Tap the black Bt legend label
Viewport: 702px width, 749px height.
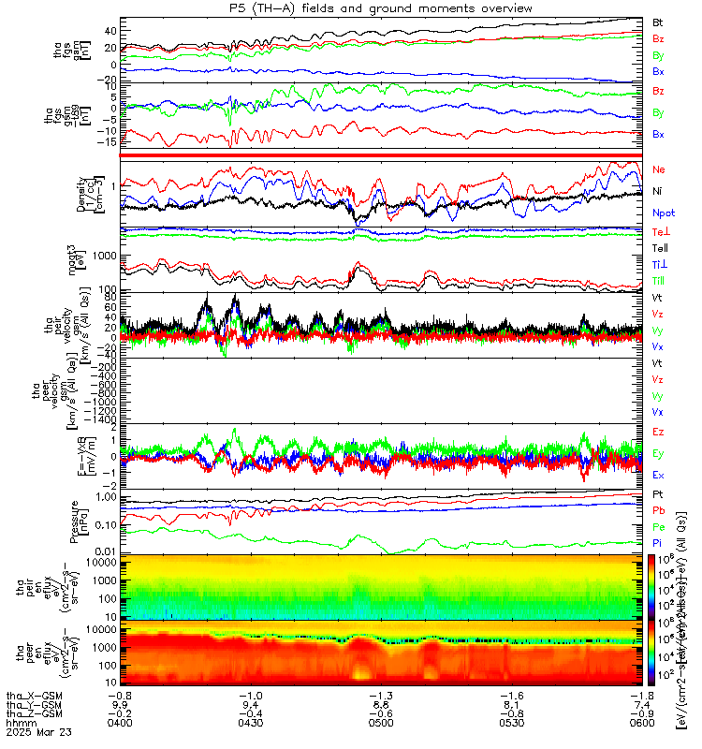pos(658,22)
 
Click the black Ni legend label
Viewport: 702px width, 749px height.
pos(658,191)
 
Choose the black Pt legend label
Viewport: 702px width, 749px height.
pos(658,492)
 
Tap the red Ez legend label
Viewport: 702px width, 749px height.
pos(658,432)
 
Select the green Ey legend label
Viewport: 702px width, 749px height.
pos(658,453)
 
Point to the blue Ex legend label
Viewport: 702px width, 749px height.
pos(658,475)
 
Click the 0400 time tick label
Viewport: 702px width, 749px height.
pos(120,724)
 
